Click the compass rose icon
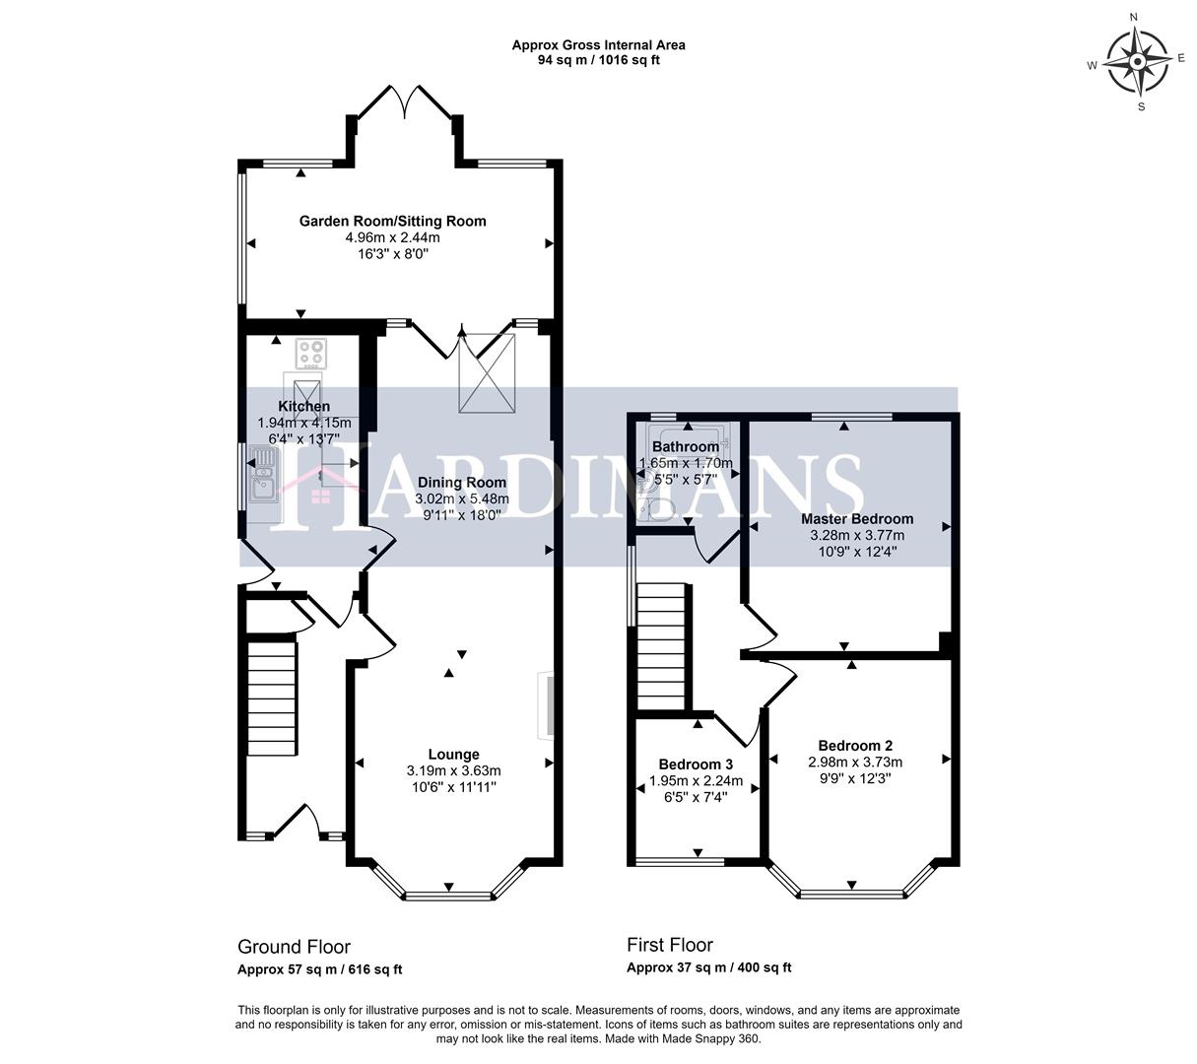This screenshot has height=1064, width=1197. coord(1137,62)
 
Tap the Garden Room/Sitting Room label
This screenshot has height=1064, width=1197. coord(392,221)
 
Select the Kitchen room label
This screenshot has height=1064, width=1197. coord(303,406)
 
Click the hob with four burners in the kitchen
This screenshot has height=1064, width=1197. coord(312,352)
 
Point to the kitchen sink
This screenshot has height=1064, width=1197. coord(264,473)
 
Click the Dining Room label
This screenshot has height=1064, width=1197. coord(461,483)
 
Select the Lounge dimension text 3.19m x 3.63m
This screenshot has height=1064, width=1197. coord(453,770)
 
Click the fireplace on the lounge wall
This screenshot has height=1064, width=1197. coord(544,704)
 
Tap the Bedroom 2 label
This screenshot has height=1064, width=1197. coord(855,745)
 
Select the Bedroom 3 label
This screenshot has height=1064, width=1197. coord(695,765)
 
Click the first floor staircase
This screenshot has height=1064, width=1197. coord(662,645)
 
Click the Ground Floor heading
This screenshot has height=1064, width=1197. coord(294,947)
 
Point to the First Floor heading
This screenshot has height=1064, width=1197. coord(669,945)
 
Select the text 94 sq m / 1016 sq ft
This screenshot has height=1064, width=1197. coord(598,60)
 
